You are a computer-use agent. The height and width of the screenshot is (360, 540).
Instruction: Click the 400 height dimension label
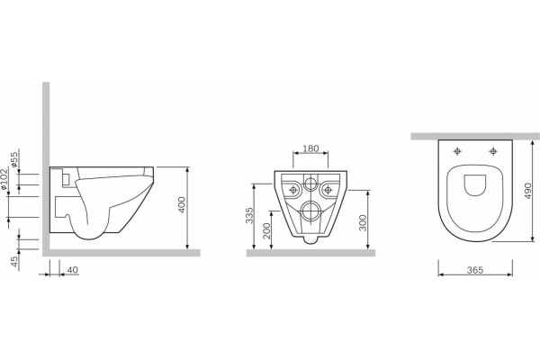point(182,204)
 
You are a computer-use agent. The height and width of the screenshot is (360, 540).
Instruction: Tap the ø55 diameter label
point(14,159)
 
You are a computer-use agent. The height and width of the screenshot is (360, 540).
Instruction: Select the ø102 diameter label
point(4,179)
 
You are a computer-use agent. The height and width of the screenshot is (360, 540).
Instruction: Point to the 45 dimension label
point(14,261)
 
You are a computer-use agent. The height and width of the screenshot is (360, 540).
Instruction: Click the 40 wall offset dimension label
point(72,270)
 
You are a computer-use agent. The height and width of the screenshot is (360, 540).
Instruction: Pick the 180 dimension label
point(310,148)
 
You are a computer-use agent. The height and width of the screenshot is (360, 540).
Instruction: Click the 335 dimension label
point(249,215)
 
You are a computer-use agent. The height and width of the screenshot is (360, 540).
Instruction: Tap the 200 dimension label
point(266,230)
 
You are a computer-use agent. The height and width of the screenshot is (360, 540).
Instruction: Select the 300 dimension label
point(363,222)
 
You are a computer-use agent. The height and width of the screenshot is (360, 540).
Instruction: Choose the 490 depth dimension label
point(528,191)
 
